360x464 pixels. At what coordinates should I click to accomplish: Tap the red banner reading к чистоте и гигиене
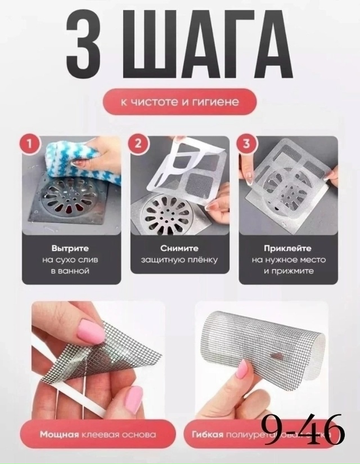(x=180, y=102)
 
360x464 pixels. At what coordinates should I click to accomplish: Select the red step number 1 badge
(x=31, y=144)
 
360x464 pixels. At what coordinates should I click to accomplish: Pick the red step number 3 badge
(x=245, y=144)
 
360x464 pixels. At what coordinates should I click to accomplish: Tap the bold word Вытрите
(x=70, y=248)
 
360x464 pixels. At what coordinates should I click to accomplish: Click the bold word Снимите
(x=179, y=248)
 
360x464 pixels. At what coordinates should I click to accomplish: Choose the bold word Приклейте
(x=288, y=248)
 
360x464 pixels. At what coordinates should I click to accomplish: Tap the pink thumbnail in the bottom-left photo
(x=90, y=332)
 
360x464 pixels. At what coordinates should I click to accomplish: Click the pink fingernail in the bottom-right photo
(x=241, y=369)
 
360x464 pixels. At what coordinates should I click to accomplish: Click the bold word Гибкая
(x=208, y=435)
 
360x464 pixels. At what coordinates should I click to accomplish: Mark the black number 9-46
(x=303, y=430)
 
